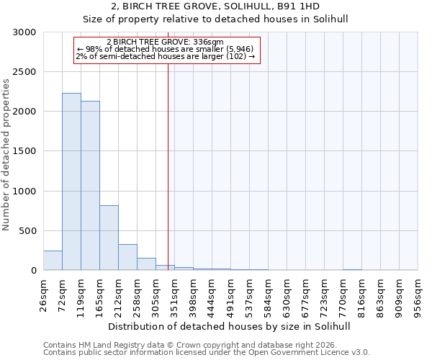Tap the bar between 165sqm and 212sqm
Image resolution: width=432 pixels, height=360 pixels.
click(109, 238)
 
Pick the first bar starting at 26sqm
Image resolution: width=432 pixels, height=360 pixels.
click(53, 261)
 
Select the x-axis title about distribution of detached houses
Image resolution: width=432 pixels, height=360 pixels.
click(230, 326)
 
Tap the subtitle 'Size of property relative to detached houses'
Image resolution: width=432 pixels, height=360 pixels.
click(230, 19)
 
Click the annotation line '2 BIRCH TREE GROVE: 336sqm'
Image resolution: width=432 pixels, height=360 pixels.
click(165, 42)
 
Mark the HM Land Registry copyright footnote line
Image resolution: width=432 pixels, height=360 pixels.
click(204, 345)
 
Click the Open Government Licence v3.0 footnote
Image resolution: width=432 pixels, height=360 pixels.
click(207, 353)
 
